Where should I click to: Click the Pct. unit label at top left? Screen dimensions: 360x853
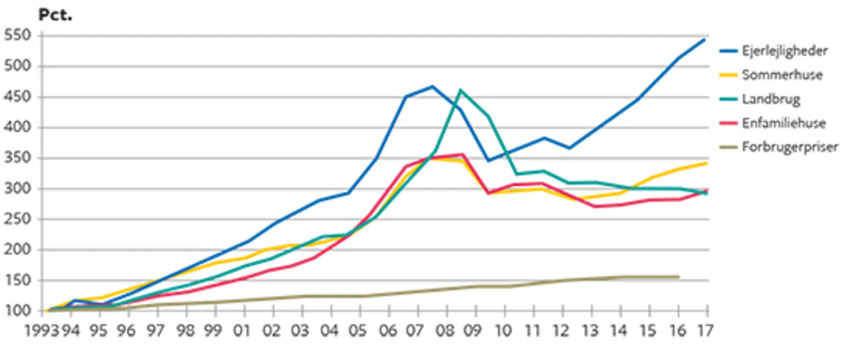55,15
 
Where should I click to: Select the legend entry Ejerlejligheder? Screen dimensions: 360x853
784,51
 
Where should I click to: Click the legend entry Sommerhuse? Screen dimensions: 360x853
782,75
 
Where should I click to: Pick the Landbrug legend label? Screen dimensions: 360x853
771,99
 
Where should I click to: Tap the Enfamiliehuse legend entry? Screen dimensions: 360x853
783,123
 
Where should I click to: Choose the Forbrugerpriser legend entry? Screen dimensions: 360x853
789,147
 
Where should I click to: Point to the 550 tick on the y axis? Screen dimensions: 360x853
18,35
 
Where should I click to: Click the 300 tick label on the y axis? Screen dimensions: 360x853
18,189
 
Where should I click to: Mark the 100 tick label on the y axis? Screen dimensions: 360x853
18,311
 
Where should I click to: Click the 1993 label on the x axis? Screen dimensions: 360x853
41,331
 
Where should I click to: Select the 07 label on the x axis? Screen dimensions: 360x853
414,331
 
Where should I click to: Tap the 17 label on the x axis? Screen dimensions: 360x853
705,331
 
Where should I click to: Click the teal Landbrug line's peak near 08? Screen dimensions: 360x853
460,90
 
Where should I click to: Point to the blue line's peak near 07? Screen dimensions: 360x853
432,86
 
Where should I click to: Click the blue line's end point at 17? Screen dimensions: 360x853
705,40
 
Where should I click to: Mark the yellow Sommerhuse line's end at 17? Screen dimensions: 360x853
706,163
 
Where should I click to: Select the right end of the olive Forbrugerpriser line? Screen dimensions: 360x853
679,277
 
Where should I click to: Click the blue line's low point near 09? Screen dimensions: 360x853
488,161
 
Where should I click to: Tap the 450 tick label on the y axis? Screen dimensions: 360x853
18,97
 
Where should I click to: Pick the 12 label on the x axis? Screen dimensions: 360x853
561,331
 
